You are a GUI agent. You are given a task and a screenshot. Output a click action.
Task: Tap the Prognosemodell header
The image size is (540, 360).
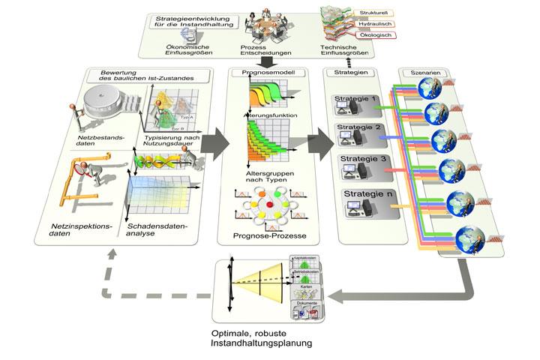(x=263, y=73)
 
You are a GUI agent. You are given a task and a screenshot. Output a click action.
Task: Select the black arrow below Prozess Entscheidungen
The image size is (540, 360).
(x=264, y=61)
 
